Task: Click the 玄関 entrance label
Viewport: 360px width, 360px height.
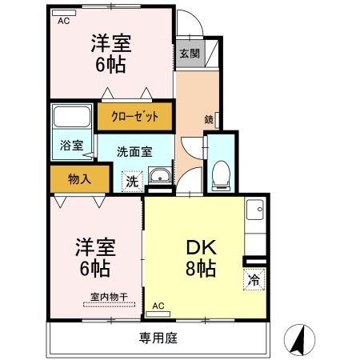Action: [190, 54]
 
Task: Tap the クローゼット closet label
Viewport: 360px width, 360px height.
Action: [135, 117]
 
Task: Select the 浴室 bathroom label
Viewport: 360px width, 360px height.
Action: [72, 146]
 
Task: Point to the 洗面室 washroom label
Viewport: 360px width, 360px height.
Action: [134, 151]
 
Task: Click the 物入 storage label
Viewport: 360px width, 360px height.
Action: [78, 178]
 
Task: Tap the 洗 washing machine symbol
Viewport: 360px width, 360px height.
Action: [131, 182]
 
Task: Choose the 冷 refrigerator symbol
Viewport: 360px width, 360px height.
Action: [253, 281]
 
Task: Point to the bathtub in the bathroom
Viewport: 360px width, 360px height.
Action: [72, 121]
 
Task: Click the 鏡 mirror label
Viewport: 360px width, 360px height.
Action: [209, 120]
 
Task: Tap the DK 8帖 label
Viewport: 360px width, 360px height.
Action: [202, 256]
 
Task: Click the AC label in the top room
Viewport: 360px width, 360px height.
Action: [64, 22]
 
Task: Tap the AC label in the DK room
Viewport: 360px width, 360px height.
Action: [158, 306]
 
